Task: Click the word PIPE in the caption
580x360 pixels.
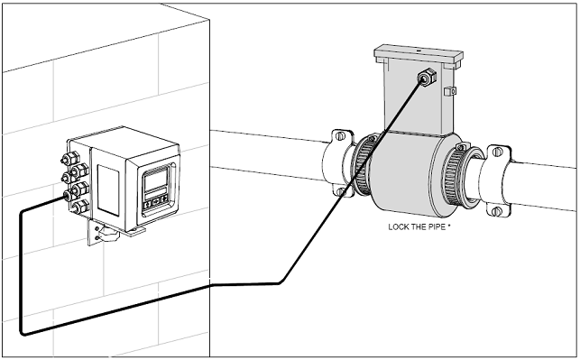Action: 437,226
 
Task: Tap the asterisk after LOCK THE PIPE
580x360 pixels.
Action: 449,226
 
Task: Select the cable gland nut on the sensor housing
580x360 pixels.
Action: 426,78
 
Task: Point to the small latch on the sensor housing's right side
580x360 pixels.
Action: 449,91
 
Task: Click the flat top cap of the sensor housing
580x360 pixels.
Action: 419,55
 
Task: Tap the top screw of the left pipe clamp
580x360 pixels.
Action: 340,135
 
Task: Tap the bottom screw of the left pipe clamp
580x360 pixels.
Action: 341,191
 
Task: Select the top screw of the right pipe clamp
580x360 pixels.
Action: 498,152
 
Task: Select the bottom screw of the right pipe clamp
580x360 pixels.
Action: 497,211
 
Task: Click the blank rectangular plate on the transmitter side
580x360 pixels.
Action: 108,189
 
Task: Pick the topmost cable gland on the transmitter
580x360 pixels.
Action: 70,159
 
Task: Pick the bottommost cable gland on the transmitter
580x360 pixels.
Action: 80,207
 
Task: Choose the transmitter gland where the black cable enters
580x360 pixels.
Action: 68,195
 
